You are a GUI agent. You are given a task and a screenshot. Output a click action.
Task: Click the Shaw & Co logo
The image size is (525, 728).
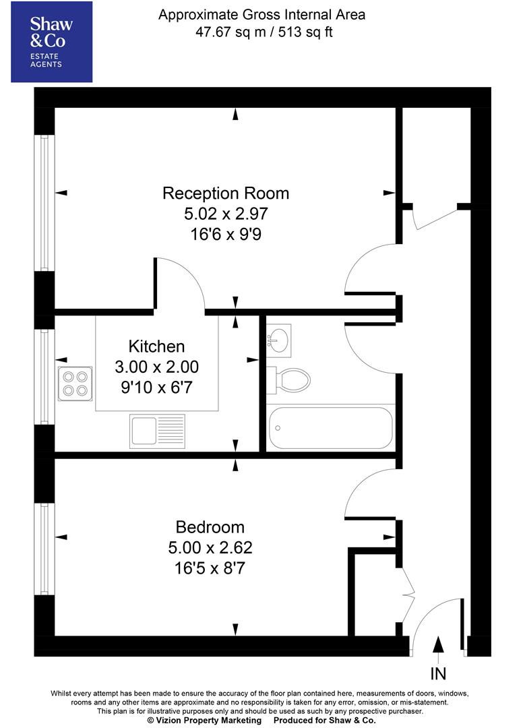tap(51, 42)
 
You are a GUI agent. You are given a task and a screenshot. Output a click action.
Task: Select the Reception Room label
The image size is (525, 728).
tap(226, 193)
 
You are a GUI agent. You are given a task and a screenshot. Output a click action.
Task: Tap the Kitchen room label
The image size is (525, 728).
tap(156, 346)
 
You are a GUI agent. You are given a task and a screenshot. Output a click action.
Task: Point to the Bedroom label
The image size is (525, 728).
tap(210, 527)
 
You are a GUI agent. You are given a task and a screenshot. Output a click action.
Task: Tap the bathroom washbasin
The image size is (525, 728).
tap(278, 340)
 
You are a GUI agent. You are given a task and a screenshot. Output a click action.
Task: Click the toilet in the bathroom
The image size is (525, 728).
tap(288, 381)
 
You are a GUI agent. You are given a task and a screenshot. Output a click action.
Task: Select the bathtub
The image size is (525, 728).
tap(330, 427)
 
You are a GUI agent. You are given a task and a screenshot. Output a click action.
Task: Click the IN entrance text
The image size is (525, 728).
tap(437, 673)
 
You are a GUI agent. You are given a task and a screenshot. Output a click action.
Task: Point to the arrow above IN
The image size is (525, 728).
tap(438, 645)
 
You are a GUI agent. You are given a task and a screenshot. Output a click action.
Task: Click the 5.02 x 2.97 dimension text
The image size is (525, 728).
tap(226, 215)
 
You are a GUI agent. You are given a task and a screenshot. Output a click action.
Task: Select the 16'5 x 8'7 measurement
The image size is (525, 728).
tap(210, 568)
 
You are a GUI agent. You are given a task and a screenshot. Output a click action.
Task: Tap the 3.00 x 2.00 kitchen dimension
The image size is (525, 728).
tap(156, 368)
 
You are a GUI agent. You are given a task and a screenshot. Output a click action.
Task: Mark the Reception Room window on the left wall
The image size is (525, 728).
tap(44, 203)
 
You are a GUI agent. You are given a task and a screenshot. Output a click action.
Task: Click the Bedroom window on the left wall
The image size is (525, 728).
tap(44, 549)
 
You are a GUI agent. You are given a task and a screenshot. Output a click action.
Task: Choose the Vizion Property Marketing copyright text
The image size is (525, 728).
tap(204, 721)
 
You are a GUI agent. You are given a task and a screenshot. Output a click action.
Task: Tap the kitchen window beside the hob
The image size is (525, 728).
tap(44, 377)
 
